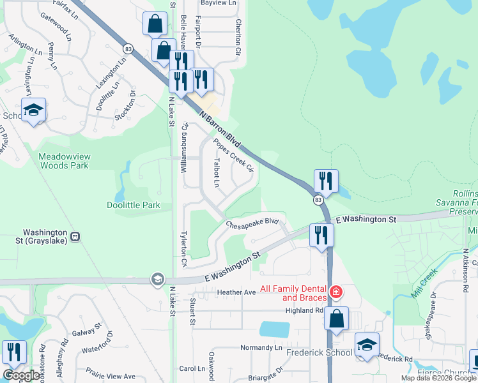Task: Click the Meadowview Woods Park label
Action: (63, 160)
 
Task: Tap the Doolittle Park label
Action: (133, 205)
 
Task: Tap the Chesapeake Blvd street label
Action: (254, 222)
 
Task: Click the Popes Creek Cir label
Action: (234, 156)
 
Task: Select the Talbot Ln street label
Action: (217, 172)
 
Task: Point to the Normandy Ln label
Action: (261, 348)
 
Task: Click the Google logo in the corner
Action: (21, 375)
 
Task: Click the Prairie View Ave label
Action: (112, 376)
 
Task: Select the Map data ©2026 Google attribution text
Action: (438, 378)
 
